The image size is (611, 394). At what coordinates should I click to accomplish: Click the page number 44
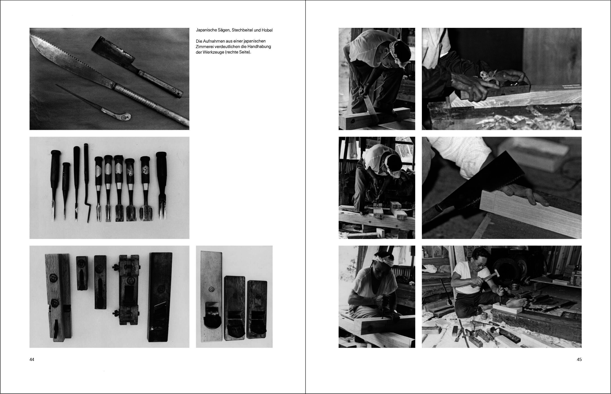32,359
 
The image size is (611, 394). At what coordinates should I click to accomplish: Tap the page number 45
579,359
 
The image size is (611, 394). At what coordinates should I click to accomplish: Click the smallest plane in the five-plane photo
82,273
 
